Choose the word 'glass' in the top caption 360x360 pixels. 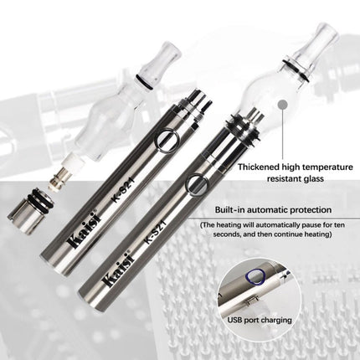click(x=312, y=179)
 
